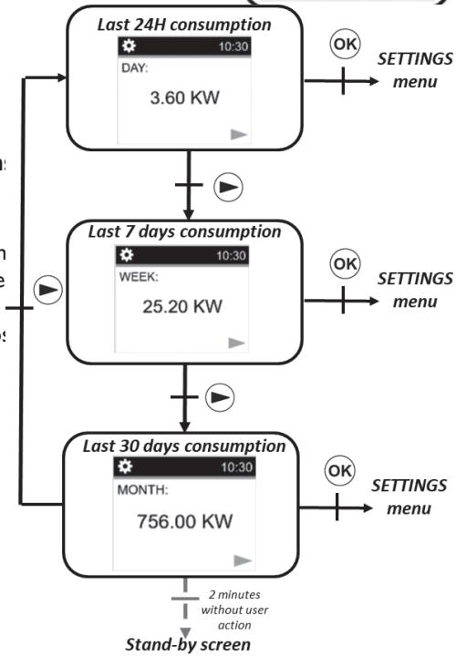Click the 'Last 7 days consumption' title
click(x=184, y=231)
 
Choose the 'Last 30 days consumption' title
click(x=184, y=446)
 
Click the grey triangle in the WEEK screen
click(x=236, y=343)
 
